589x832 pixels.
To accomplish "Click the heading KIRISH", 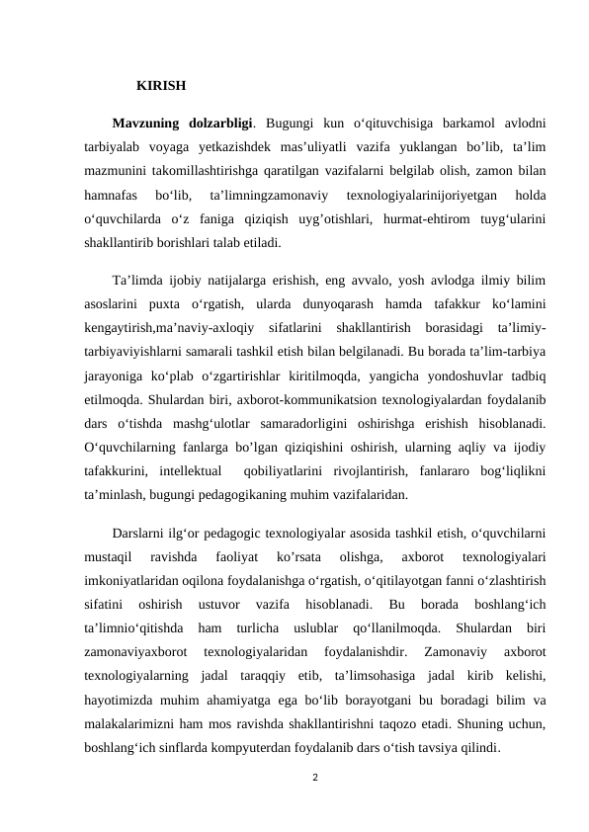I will tap(161, 85).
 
